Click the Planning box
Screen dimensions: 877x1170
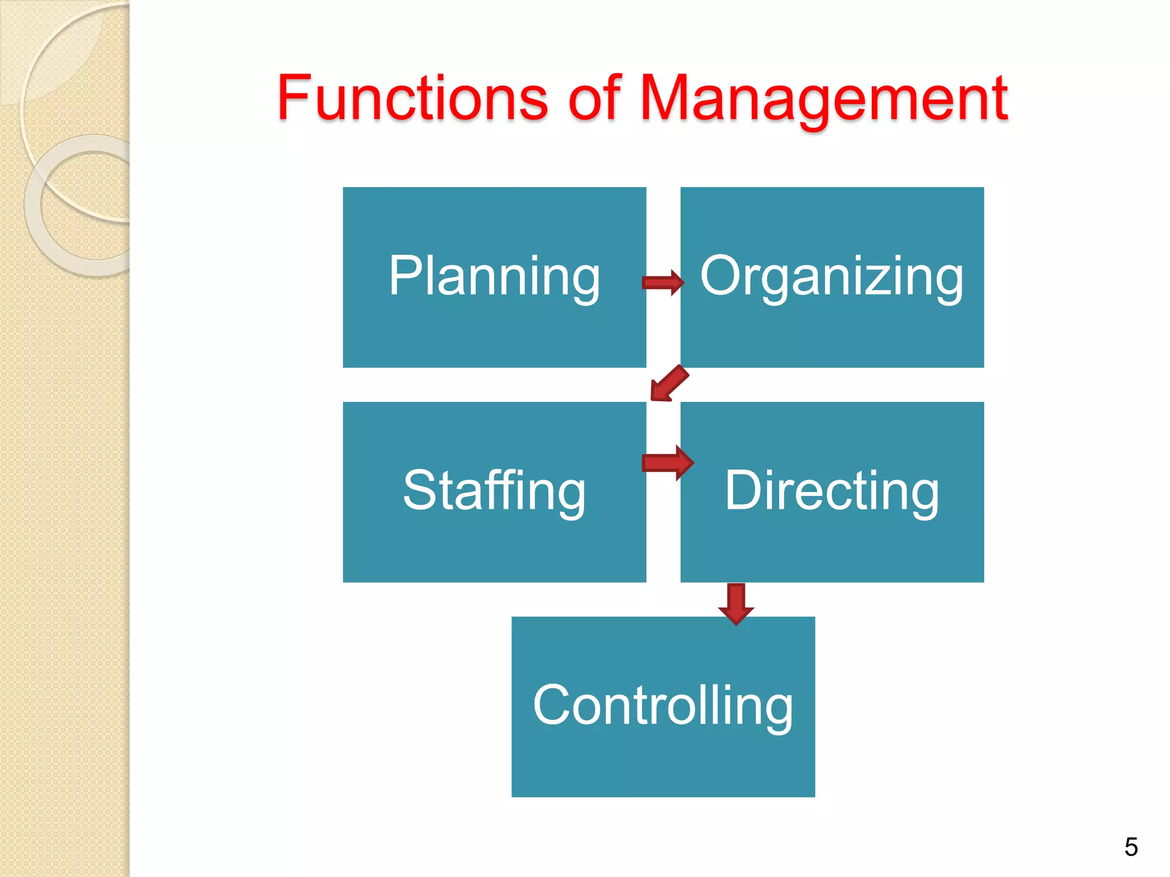click(494, 277)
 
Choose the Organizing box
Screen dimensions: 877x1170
click(832, 277)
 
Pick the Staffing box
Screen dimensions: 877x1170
click(494, 492)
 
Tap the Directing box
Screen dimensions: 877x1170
click(832, 492)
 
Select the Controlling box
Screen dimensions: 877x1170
click(663, 706)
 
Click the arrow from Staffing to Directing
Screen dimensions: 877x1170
click(667, 462)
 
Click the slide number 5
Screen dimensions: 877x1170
click(1131, 847)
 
